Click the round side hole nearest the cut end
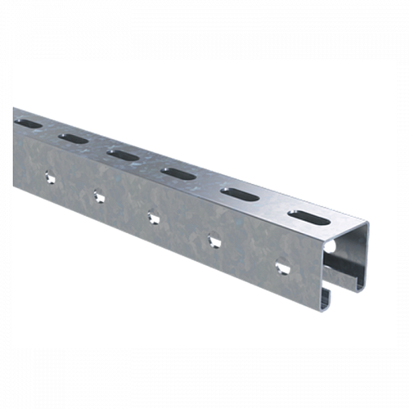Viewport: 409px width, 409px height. pos(282,267)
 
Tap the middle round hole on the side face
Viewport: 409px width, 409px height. pos(152,217)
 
